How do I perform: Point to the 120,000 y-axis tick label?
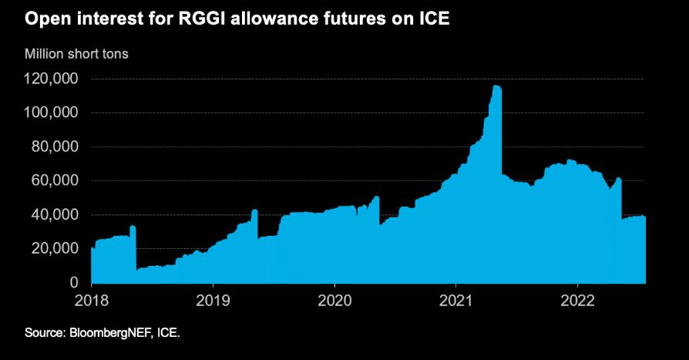(x=51, y=79)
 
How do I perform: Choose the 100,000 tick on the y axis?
(x=51, y=113)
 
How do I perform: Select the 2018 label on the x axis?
(x=92, y=299)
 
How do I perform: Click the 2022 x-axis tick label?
(x=579, y=299)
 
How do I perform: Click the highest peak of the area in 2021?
(x=495, y=86)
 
